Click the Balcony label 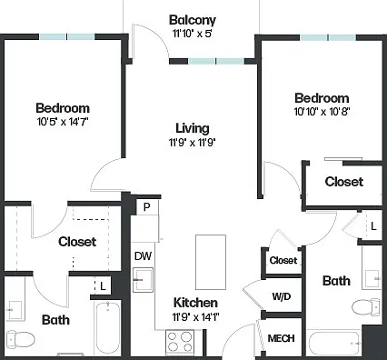193,20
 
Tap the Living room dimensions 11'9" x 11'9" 192,142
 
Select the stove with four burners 180,342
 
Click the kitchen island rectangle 211,262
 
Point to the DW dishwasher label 143,256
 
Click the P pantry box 147,207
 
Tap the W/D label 282,296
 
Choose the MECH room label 281,338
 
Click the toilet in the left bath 21,339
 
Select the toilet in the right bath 366,307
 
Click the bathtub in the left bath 108,327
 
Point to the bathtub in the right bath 334,344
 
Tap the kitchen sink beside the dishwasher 143,279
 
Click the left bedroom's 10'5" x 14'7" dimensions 63,122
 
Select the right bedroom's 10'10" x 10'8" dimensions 322,112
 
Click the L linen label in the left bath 103,286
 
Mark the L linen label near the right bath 373,225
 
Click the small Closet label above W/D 283,260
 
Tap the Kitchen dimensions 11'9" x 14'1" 195,317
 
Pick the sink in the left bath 15,310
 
